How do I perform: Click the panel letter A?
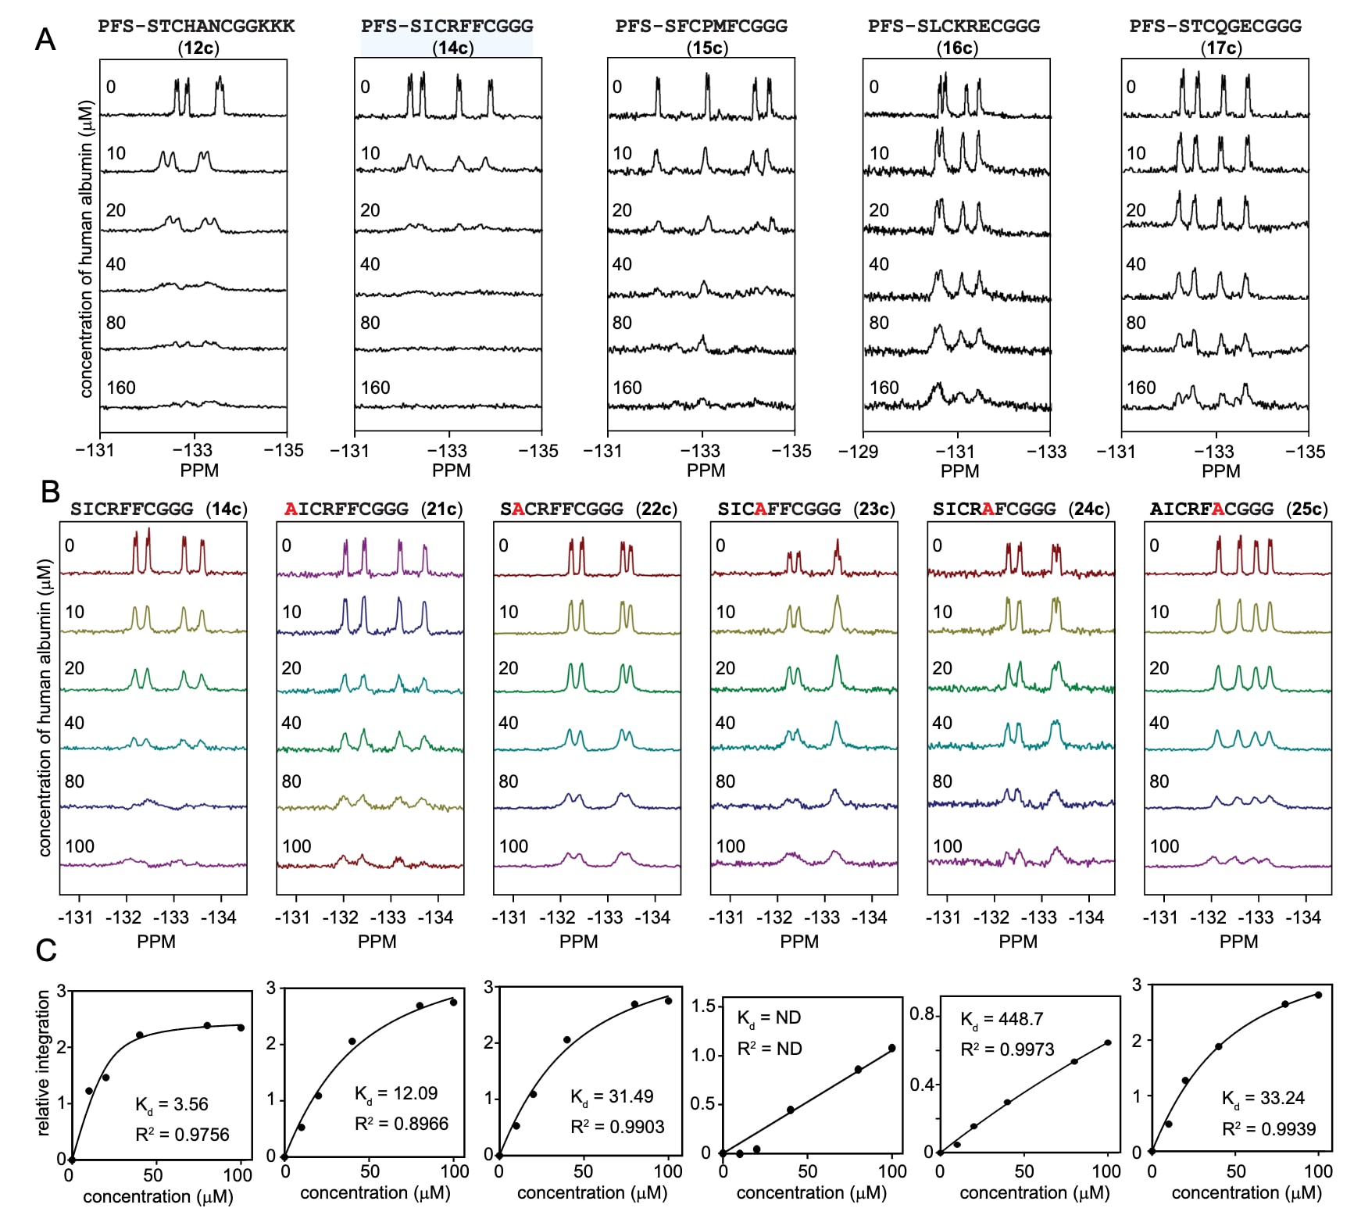click(45, 39)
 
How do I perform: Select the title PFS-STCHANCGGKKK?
click(196, 26)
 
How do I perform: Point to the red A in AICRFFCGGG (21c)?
click(291, 509)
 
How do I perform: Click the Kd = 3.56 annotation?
click(172, 1104)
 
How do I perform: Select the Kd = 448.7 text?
click(1002, 1020)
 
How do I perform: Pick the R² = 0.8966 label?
click(402, 1124)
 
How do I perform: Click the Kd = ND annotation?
click(770, 1017)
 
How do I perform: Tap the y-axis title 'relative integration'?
click(44, 1063)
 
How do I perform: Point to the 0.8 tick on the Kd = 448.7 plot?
click(922, 1014)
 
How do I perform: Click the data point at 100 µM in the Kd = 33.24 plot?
click(1318, 995)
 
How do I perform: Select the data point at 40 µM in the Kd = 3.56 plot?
click(140, 1035)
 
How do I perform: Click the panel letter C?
click(46, 950)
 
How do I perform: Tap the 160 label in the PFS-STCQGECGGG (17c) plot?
click(1141, 388)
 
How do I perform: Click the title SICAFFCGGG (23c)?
click(806, 509)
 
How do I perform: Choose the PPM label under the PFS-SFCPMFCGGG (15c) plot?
click(706, 470)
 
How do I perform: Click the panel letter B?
click(50, 492)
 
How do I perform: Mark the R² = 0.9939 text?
click(1269, 1129)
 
